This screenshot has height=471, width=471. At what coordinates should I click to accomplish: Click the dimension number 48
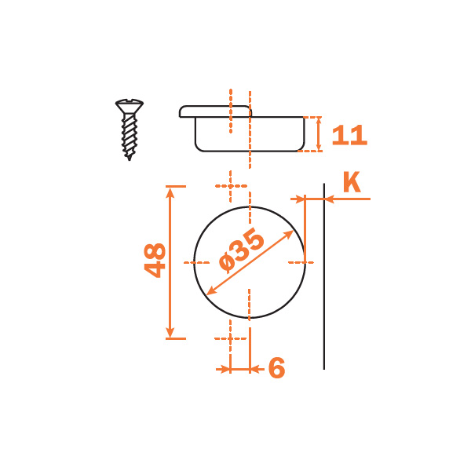tap(155, 260)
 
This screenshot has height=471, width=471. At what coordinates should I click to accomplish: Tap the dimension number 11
tap(349, 135)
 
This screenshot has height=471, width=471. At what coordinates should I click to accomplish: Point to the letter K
tap(352, 182)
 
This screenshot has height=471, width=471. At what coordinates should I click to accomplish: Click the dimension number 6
tap(276, 368)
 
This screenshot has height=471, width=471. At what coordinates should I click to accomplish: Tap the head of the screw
tap(130, 106)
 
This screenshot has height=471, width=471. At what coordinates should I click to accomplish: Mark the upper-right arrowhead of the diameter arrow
tap(289, 234)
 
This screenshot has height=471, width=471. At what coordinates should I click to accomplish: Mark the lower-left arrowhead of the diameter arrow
tap(211, 290)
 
